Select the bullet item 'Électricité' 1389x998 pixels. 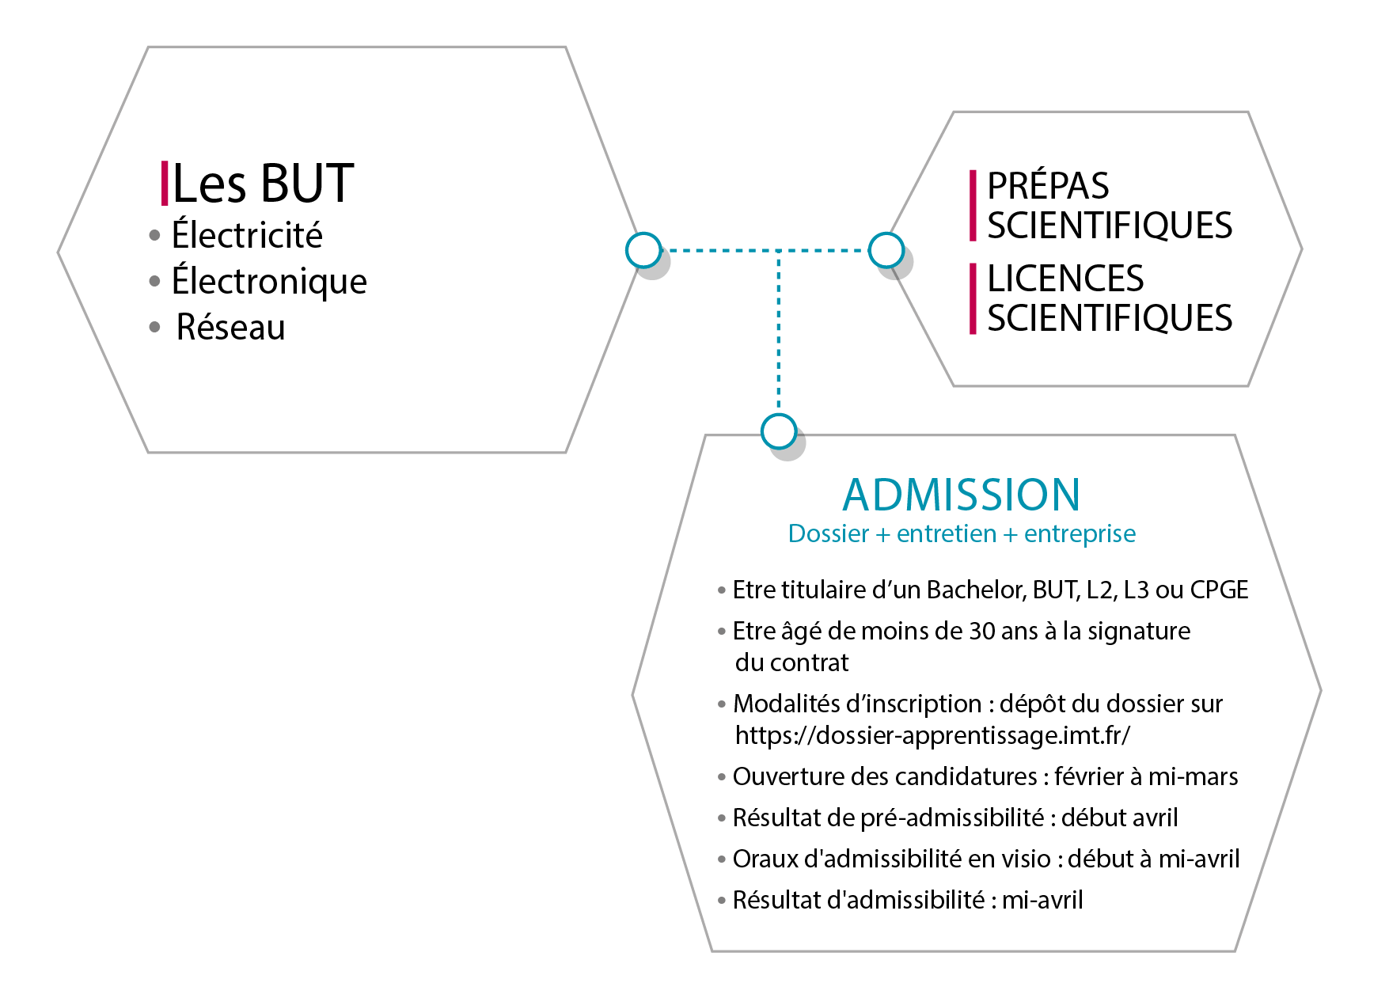[x=246, y=235]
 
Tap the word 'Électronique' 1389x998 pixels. [x=269, y=281]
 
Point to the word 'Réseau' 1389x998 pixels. [x=230, y=327]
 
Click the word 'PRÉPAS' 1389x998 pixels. [x=1048, y=187]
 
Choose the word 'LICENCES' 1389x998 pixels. [x=1065, y=279]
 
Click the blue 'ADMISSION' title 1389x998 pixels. [x=961, y=495]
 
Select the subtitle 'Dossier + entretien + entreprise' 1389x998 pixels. [x=962, y=534]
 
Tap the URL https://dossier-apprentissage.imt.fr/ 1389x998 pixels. [x=932, y=735]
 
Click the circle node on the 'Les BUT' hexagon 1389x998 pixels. [x=643, y=250]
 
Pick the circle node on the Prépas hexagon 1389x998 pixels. [x=886, y=250]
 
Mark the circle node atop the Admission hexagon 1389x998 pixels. [x=779, y=431]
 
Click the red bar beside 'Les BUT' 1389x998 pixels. [x=165, y=183]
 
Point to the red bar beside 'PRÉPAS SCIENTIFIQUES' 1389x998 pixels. [x=973, y=205]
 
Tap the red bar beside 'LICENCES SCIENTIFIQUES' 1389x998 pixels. [x=973, y=298]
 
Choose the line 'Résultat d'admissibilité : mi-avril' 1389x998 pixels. [x=907, y=900]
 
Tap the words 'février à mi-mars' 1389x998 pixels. [x=1146, y=776]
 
